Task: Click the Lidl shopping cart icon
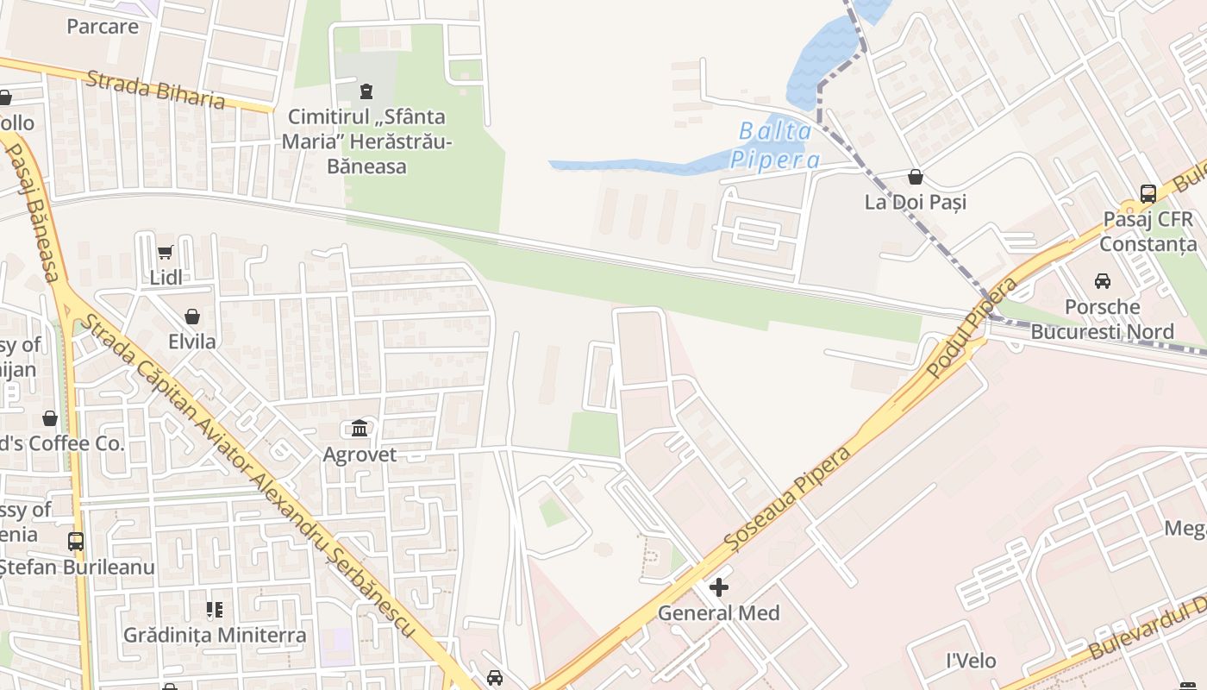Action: click(165, 253)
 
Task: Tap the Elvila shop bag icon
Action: click(192, 317)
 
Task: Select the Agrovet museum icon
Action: click(360, 429)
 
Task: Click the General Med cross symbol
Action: click(718, 588)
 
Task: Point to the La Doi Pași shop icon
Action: click(915, 177)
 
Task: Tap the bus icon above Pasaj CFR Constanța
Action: click(1148, 194)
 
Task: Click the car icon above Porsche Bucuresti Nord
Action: click(1102, 281)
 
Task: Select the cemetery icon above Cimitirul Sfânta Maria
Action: click(366, 91)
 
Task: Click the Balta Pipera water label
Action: click(775, 145)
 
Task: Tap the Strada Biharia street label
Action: click(156, 90)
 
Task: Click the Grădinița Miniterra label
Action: click(215, 636)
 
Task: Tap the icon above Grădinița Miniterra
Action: click(215, 611)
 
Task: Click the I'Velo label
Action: click(971, 662)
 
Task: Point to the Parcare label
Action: click(103, 26)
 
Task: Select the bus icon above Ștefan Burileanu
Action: click(76, 542)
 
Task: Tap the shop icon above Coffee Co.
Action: click(50, 418)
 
